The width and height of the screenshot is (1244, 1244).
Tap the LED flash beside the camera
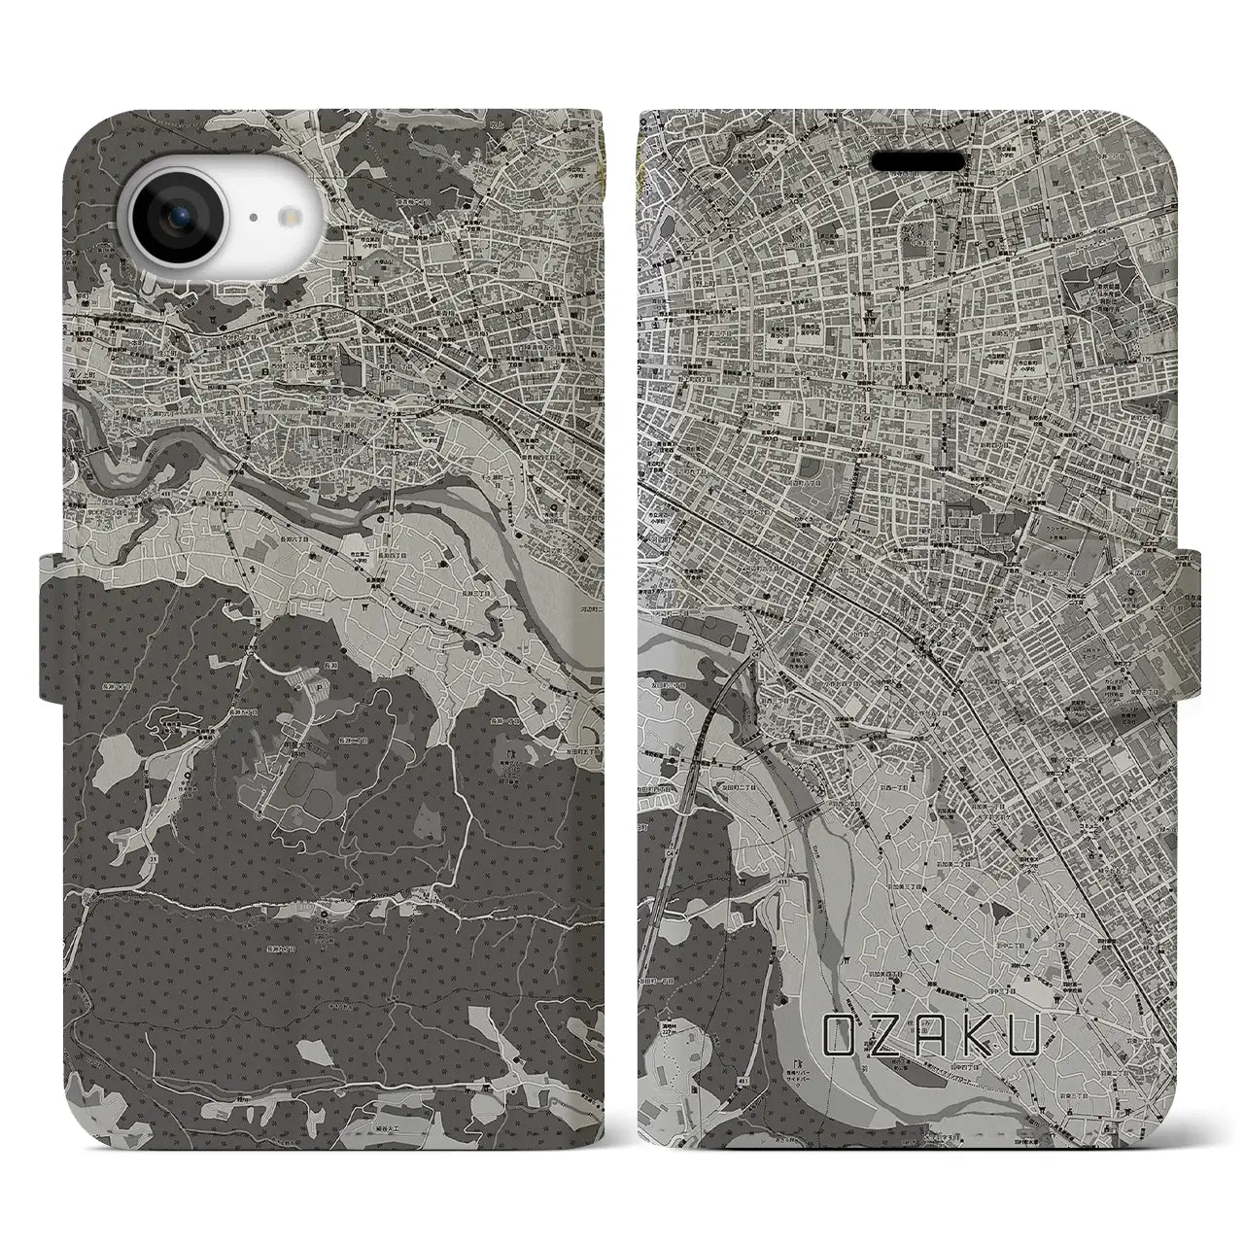point(289,220)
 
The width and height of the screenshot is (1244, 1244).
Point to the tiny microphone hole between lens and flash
point(252,220)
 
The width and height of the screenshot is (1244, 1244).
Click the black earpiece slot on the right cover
point(916,160)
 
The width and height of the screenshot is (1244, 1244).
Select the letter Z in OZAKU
point(891,1036)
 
